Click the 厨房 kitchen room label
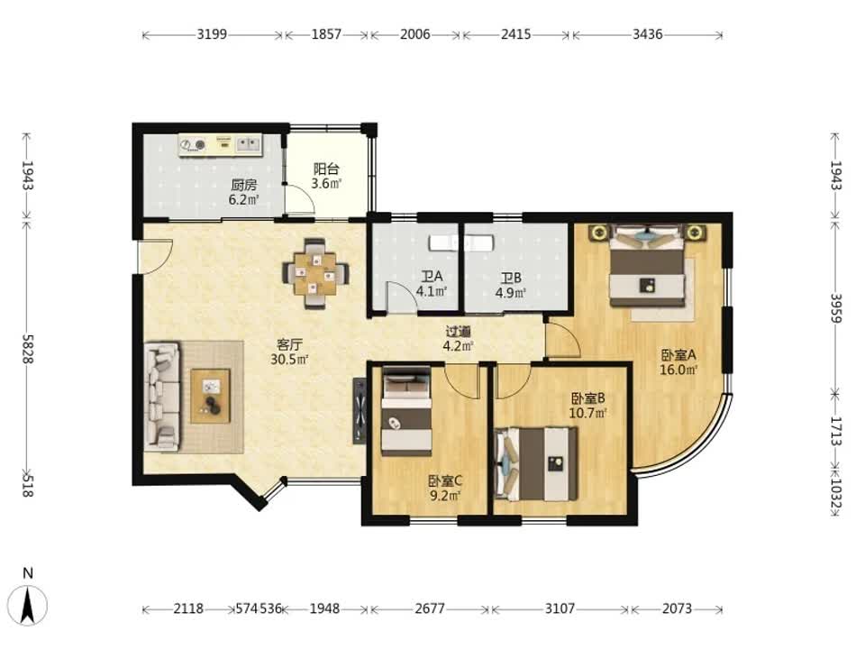coord(243,185)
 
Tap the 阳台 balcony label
coord(326,169)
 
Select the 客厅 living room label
coord(289,345)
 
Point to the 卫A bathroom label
coord(432,276)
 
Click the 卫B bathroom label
coord(511,279)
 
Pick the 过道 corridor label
coord(459,332)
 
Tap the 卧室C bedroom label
coord(445,480)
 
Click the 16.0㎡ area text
coord(678,370)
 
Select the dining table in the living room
coord(315,272)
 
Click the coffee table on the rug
coord(210,396)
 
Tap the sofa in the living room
coord(162,396)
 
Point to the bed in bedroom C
coord(406,411)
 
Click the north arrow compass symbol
coord(29,604)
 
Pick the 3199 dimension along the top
coord(212,34)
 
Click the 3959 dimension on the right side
coord(836,308)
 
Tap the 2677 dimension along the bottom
coord(430,608)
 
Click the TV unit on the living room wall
coord(360,411)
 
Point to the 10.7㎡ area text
coord(588,412)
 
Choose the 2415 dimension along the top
coord(515,34)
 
